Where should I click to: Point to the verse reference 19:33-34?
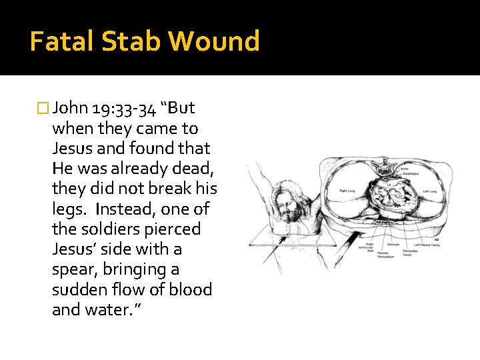point(119,108)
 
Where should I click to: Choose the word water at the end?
point(105,310)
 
